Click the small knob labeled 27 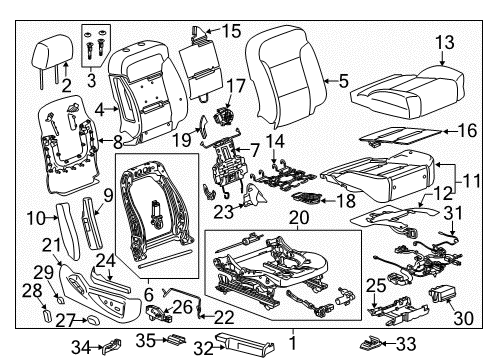tap(89, 321)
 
